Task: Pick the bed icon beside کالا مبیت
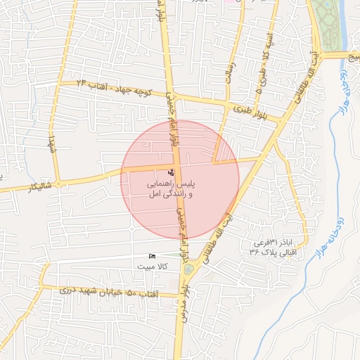(153, 256)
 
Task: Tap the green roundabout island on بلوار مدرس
(187, 269)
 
